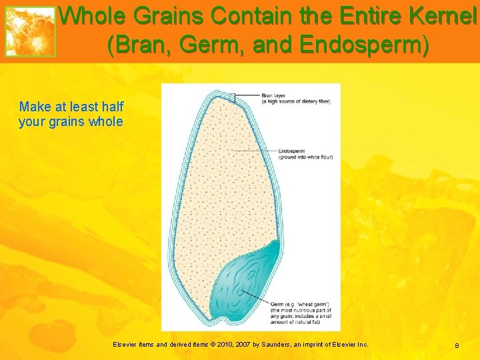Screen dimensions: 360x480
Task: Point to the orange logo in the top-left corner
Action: coord(31,31)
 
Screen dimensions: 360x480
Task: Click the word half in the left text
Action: coord(111,107)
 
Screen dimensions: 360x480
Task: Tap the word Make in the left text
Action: coord(34,107)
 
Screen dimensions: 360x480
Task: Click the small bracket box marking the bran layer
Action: coord(234,97)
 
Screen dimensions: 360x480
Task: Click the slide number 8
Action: coord(457,345)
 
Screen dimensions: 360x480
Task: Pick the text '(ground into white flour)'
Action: coord(305,157)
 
